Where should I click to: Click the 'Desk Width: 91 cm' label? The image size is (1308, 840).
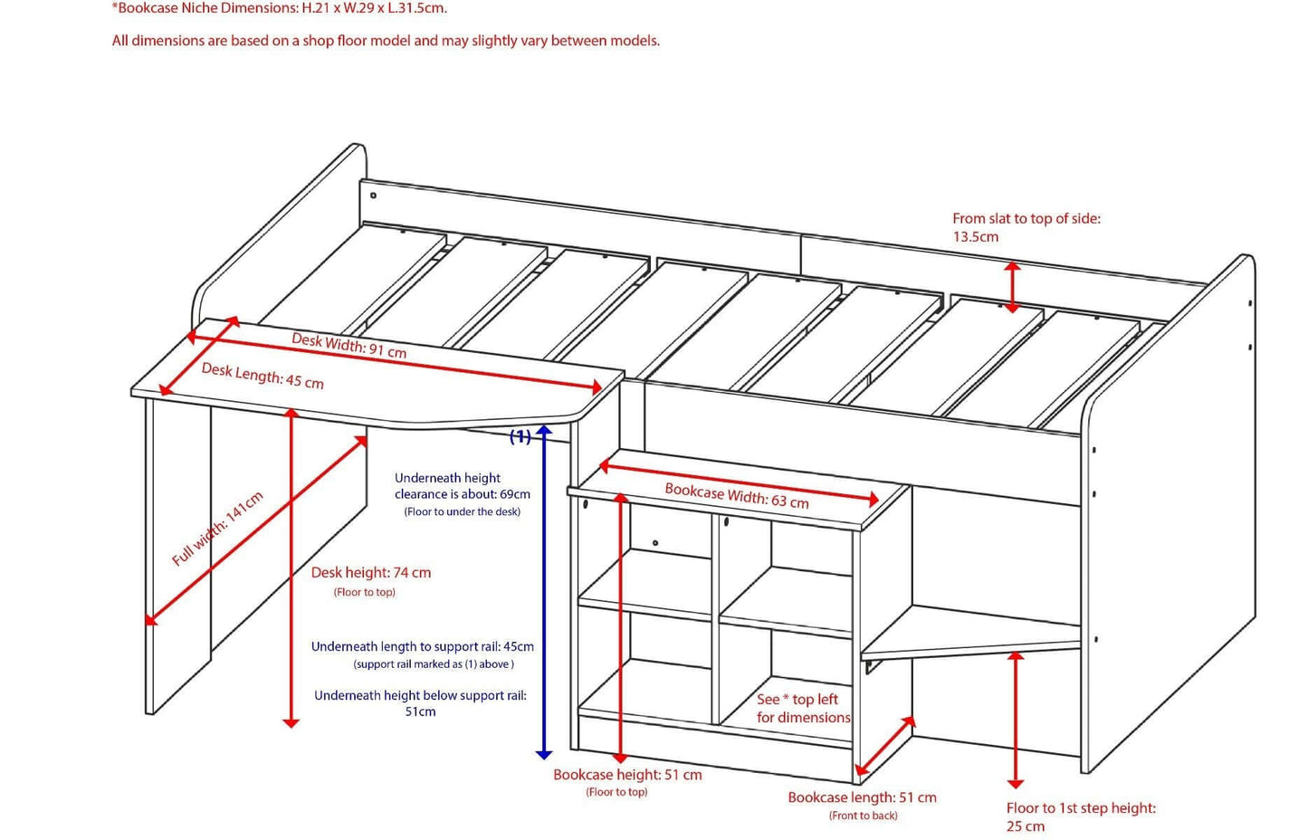pyautogui.click(x=348, y=345)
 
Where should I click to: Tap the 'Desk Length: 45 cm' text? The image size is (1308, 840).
pyautogui.click(x=262, y=376)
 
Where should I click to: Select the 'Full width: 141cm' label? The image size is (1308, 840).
pyautogui.click(x=217, y=529)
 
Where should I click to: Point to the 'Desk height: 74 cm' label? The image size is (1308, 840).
pyautogui.click(x=370, y=573)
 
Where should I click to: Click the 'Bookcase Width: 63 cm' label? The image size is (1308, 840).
pyautogui.click(x=736, y=496)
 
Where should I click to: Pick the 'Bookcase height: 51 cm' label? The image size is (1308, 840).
pyautogui.click(x=627, y=775)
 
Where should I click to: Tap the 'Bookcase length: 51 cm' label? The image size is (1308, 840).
pyautogui.click(x=862, y=797)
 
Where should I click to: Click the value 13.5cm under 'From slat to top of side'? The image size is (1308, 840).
pyautogui.click(x=975, y=237)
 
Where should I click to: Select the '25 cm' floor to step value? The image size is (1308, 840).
pyautogui.click(x=1025, y=826)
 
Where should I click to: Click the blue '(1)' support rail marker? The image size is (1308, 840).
pyautogui.click(x=520, y=436)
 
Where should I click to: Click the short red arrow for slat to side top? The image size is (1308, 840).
pyautogui.click(x=1012, y=287)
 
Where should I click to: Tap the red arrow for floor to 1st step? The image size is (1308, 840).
pyautogui.click(x=1016, y=720)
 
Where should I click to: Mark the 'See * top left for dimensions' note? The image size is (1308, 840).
pyautogui.click(x=803, y=708)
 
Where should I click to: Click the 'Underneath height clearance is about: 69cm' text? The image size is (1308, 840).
pyautogui.click(x=462, y=486)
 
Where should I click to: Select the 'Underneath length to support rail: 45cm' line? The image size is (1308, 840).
pyautogui.click(x=422, y=647)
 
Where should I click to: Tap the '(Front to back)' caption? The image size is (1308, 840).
pyautogui.click(x=863, y=816)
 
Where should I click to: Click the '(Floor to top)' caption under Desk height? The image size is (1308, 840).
pyautogui.click(x=364, y=592)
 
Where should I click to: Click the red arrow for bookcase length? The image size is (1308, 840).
pyautogui.click(x=884, y=747)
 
